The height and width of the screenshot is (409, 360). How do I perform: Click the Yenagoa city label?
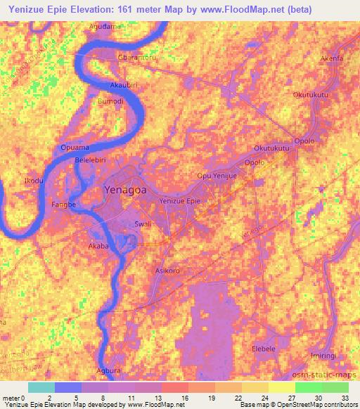(126, 190)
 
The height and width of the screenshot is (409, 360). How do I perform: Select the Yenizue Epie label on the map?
(181, 202)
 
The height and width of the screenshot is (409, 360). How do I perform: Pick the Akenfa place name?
(331, 58)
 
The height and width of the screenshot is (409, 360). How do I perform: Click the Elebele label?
(265, 349)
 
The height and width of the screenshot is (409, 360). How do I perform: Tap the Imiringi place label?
(325, 356)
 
